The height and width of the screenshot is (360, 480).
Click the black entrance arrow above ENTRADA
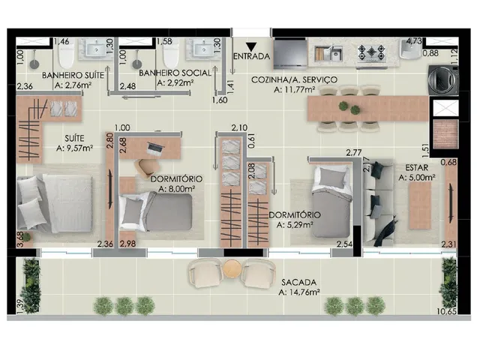[x=251, y=46]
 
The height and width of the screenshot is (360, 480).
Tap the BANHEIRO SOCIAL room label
[x=175, y=73]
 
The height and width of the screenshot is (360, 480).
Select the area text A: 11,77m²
[x=295, y=90]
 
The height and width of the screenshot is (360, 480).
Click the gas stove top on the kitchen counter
[x=372, y=52]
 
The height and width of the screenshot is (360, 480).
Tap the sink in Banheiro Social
[x=205, y=49]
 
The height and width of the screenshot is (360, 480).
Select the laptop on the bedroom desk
[x=155, y=148]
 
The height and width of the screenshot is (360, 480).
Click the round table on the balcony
[x=232, y=268]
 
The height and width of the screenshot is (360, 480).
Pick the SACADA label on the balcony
[x=299, y=282]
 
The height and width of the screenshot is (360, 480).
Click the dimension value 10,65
[x=447, y=312]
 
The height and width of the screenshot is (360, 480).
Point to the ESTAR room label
[x=417, y=168]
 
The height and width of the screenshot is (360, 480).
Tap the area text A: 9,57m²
[x=75, y=148]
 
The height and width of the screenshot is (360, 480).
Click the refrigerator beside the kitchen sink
[x=290, y=54]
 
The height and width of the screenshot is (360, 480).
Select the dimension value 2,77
[x=353, y=152]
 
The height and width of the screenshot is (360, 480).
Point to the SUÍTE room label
[x=74, y=138]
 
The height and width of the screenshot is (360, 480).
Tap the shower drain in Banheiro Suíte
[x=34, y=64]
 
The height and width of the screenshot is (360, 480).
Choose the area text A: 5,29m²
[x=295, y=225]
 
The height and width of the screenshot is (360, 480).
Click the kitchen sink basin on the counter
[x=337, y=54]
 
